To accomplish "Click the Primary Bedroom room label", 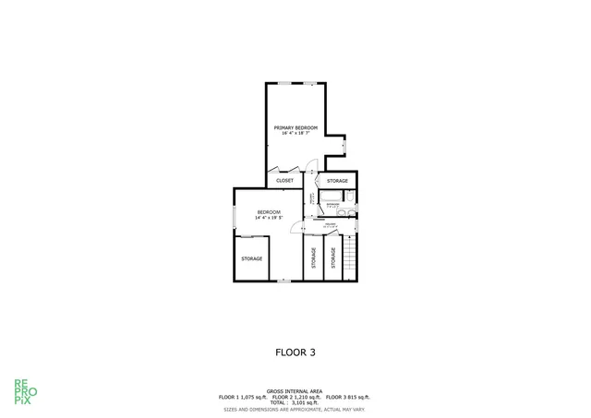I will click(295, 127).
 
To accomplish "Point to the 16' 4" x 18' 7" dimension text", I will click(295, 133).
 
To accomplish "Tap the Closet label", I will click(285, 181).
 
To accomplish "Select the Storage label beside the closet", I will click(338, 181).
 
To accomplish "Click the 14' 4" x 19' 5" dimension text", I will click(269, 218).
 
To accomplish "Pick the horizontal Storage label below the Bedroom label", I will click(252, 258).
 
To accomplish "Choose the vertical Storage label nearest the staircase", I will click(331, 258).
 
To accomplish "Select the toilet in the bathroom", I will click(351, 197).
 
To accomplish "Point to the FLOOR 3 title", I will click(295, 352).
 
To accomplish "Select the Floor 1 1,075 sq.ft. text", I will click(242, 397).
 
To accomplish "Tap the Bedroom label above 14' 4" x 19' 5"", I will click(269, 212).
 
